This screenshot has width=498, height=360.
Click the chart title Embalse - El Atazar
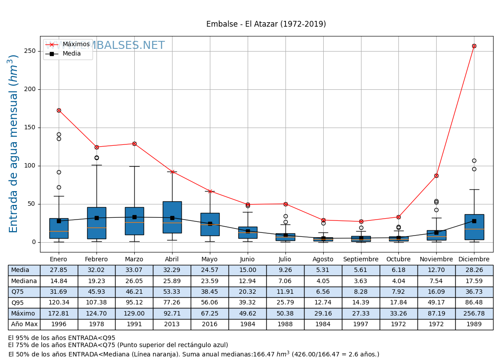[266, 24]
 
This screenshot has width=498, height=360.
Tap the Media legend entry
[72, 54]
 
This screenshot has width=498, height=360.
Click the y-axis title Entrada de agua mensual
[14, 144]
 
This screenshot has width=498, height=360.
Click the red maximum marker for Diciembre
[474, 46]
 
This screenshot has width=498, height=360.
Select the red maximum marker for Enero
[59, 110]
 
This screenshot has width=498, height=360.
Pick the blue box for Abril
[172, 217]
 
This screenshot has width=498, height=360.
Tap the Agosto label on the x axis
[323, 259]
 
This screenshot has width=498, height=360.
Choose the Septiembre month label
[361, 259]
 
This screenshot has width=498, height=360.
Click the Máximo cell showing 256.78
[474, 313]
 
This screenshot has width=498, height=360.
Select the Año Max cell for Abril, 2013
[172, 324]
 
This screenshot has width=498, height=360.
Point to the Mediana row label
[24, 281]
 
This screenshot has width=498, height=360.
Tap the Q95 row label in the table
[24, 303]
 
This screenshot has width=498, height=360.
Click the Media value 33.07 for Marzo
[134, 270]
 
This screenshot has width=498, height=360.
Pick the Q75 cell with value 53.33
[172, 292]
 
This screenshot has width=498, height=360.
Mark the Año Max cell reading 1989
[474, 324]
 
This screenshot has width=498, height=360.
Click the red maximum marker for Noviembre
[436, 176]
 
